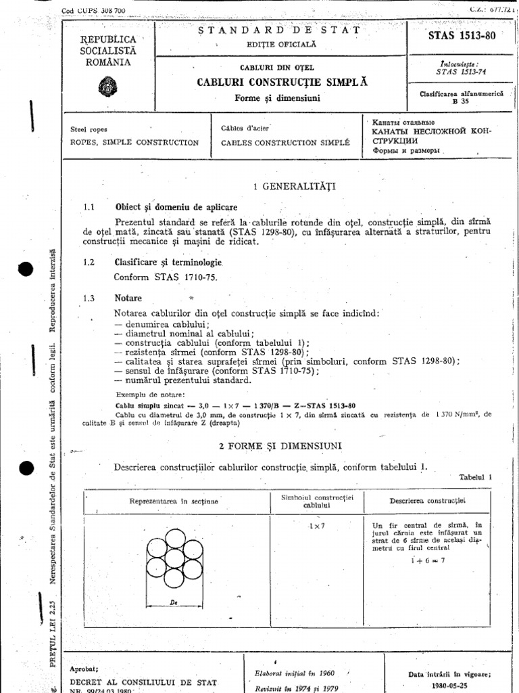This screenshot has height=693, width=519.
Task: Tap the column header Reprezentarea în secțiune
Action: [x=180, y=501]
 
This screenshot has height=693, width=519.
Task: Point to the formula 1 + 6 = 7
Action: [x=428, y=561]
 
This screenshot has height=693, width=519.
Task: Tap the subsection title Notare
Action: [x=128, y=298]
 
